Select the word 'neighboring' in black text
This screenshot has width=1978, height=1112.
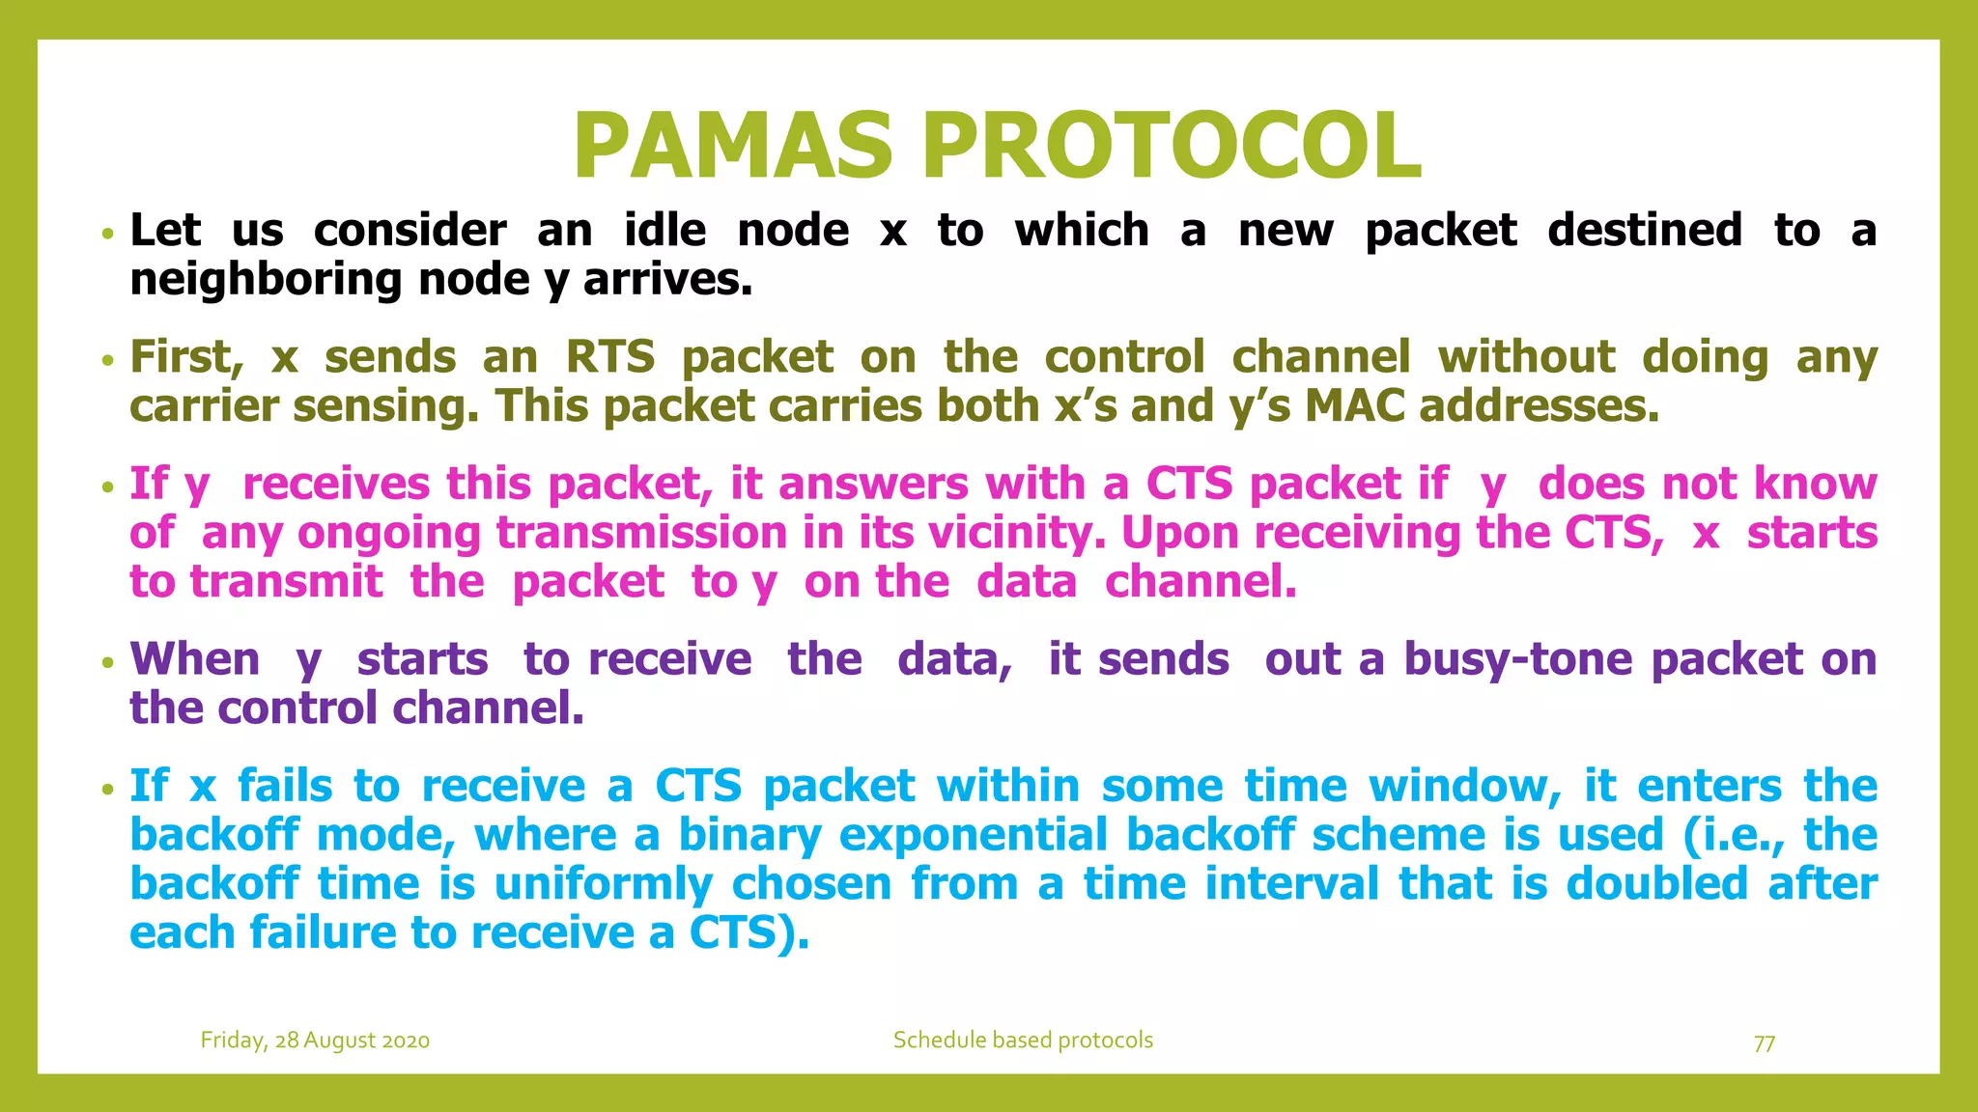coord(266,281)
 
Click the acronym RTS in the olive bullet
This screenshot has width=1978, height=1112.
coord(609,357)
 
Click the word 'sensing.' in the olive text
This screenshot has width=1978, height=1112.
coord(385,407)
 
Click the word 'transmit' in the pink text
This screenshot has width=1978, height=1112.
coord(286,582)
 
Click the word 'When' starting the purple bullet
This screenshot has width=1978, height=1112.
coord(195,659)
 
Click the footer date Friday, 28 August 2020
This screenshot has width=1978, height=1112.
coord(315,1041)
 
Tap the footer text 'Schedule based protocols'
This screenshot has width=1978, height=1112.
coord(1023,1041)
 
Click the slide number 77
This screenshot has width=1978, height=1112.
coord(1764,1043)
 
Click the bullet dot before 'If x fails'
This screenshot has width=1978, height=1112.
coord(108,789)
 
